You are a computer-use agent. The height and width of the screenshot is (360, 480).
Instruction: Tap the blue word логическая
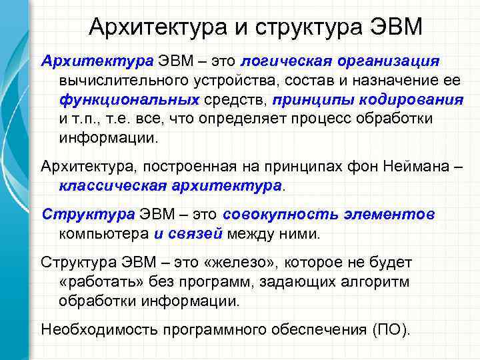[x=281, y=61]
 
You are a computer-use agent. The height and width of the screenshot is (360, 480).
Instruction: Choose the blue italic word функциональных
[x=129, y=100]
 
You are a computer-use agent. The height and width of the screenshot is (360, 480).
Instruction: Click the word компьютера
[x=103, y=234]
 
